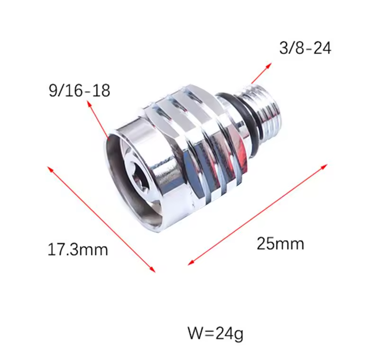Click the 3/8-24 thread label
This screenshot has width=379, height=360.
pos(305,48)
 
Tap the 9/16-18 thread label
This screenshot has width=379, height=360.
pos(79,91)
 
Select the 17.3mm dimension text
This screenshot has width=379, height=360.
pos(78,249)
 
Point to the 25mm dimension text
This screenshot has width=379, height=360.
pos(280,243)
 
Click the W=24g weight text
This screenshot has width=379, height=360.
pos(216,333)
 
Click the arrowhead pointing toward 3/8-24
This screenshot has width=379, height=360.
pos(268,66)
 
